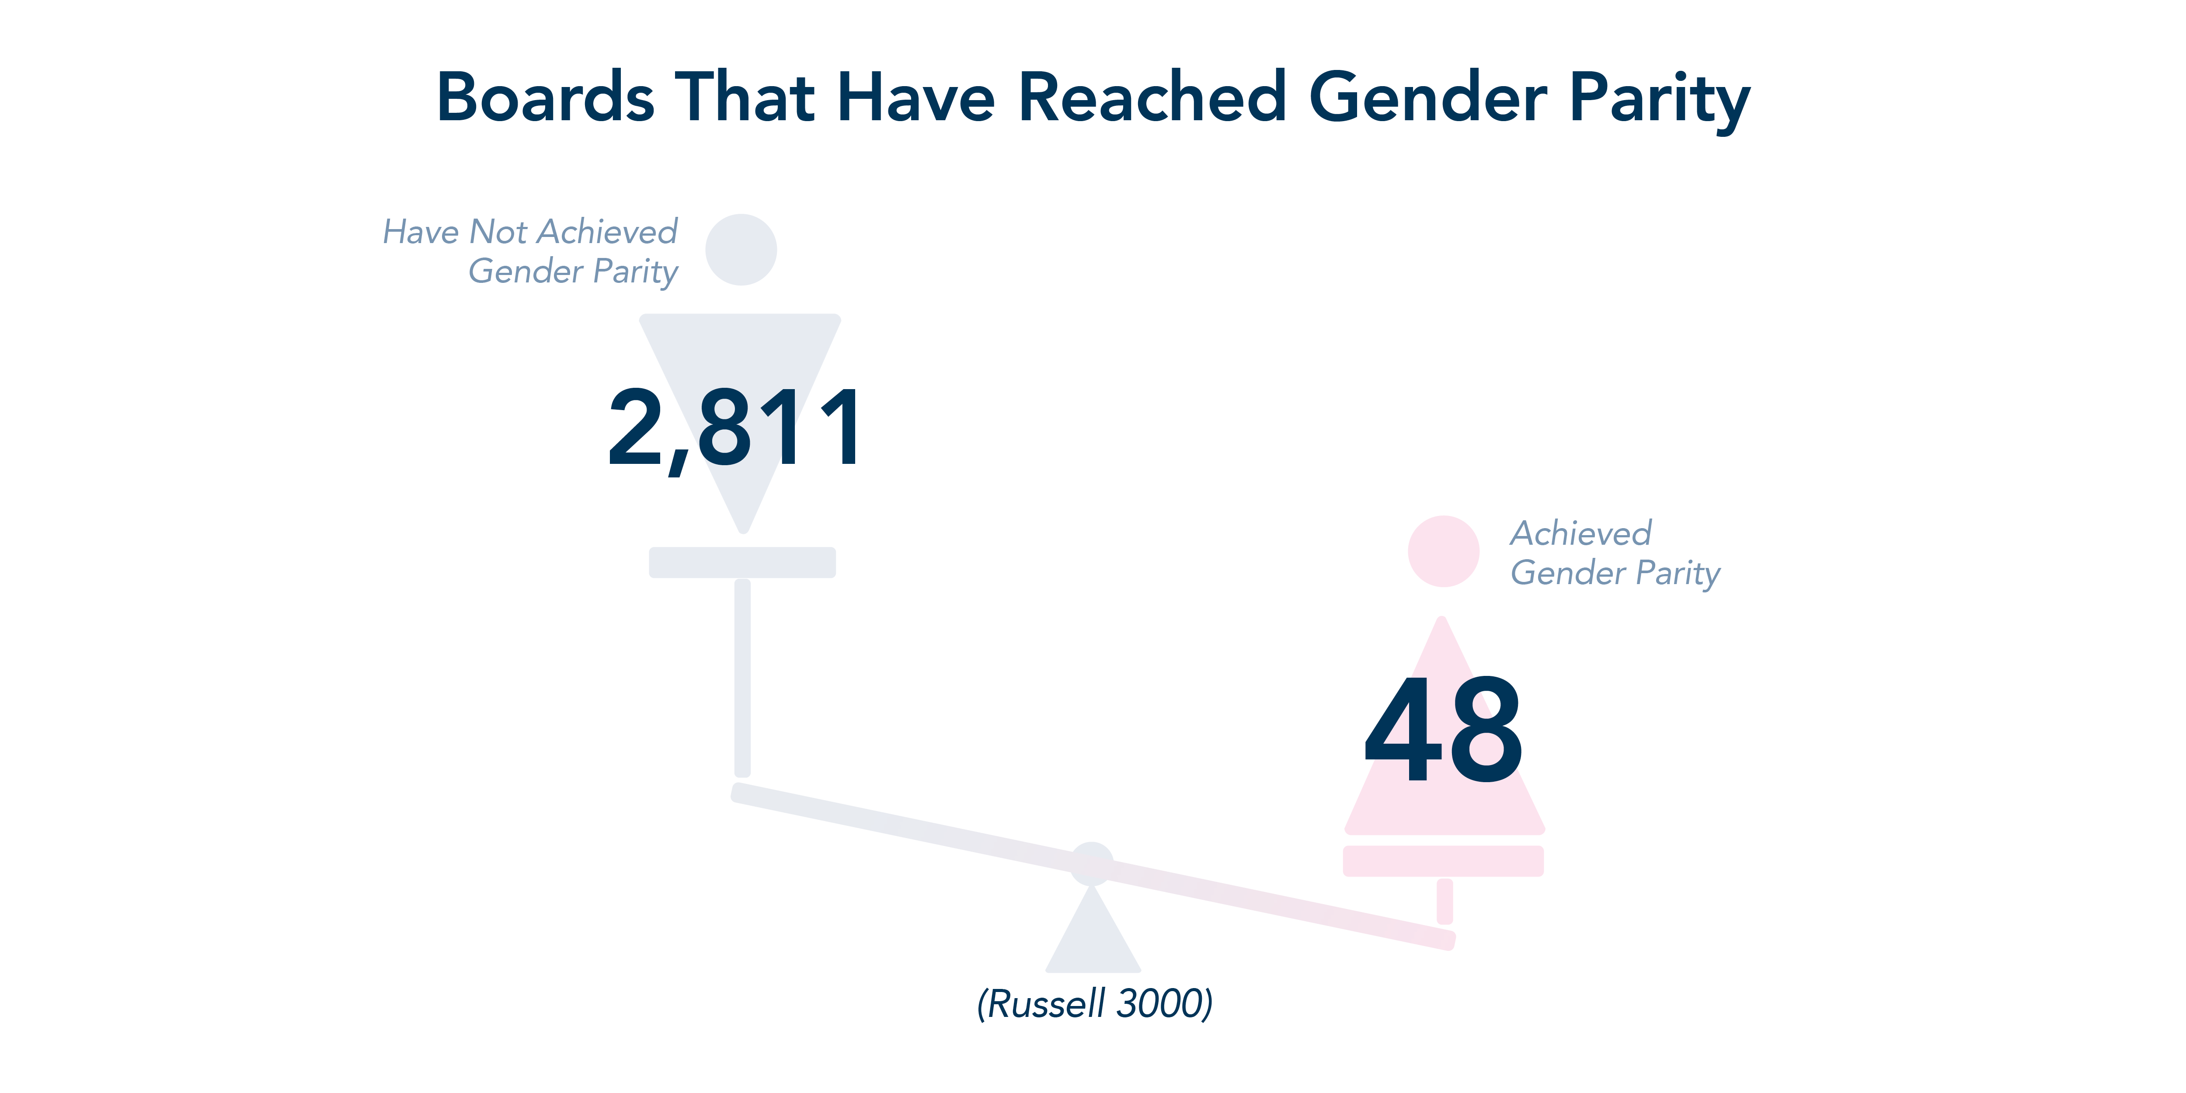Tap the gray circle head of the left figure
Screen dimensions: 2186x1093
pyautogui.click(x=741, y=250)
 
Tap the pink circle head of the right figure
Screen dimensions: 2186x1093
pyautogui.click(x=1444, y=551)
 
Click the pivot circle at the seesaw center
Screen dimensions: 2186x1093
pyautogui.click(x=1091, y=864)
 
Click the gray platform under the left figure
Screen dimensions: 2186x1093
pyautogui.click(x=742, y=563)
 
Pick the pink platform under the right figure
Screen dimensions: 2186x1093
pyautogui.click(x=1444, y=860)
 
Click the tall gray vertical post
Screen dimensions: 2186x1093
pyautogui.click(x=742, y=678)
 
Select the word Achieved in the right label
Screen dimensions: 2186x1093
pyautogui.click(x=1581, y=534)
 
